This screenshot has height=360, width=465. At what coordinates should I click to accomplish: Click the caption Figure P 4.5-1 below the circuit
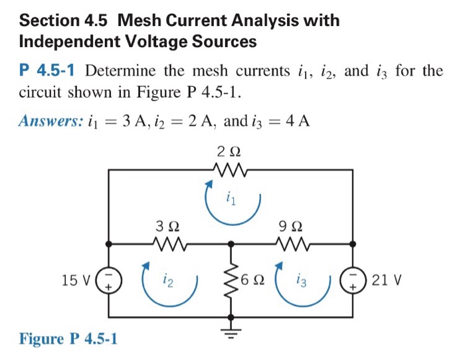pyautogui.click(x=68, y=339)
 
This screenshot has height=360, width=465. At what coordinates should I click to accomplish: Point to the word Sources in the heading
pyautogui.click(x=223, y=42)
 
